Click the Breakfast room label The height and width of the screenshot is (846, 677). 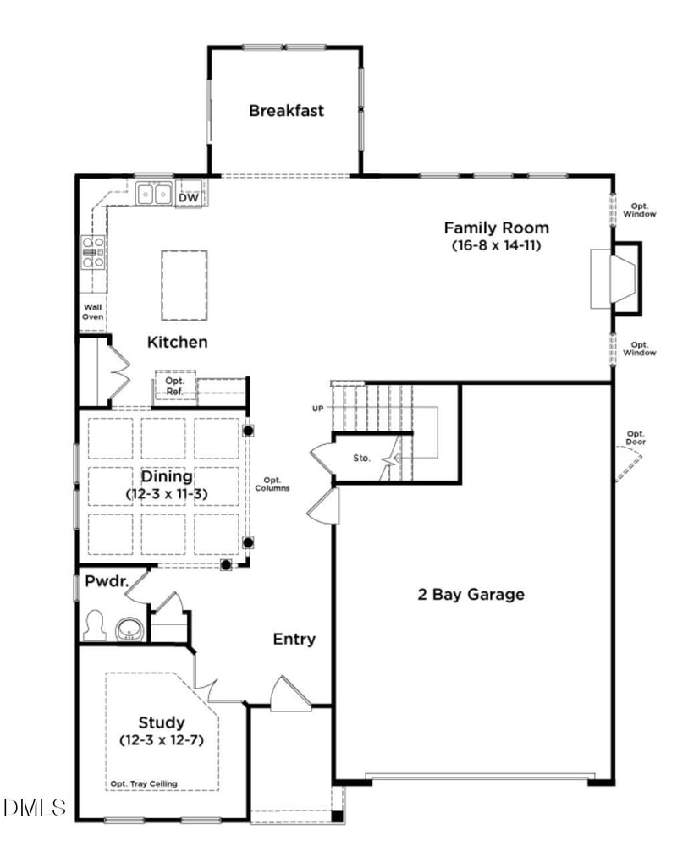tap(286, 110)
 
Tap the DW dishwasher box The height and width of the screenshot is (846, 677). tap(189, 197)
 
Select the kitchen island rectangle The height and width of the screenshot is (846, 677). tap(184, 285)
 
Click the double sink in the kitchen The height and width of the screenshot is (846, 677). tap(154, 195)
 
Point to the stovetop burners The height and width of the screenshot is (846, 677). tap(92, 252)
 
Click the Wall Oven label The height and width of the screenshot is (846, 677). tap(92, 312)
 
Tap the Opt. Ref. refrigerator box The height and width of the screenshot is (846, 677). tap(175, 386)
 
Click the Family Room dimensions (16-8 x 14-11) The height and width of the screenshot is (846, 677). tap(496, 245)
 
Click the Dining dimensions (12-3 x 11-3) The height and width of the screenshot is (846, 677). tap(167, 493)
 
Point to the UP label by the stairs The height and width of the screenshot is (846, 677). tap(318, 409)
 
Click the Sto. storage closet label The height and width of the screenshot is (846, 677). tap(361, 459)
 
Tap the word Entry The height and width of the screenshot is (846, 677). tap(294, 639)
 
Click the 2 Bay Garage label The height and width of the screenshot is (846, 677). tap(471, 594)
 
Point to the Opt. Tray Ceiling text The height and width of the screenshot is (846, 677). tap(144, 784)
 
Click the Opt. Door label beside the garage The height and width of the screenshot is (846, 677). tap(636, 438)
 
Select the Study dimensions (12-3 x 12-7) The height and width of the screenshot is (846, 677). tap(162, 740)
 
